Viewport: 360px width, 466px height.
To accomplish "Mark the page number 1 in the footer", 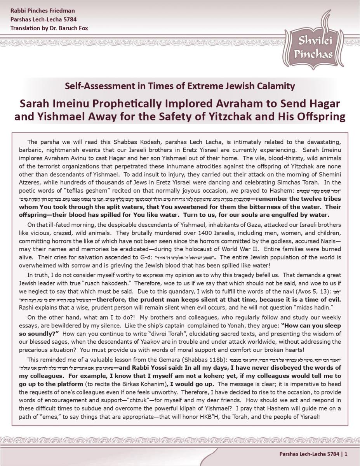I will pos(346,454).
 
